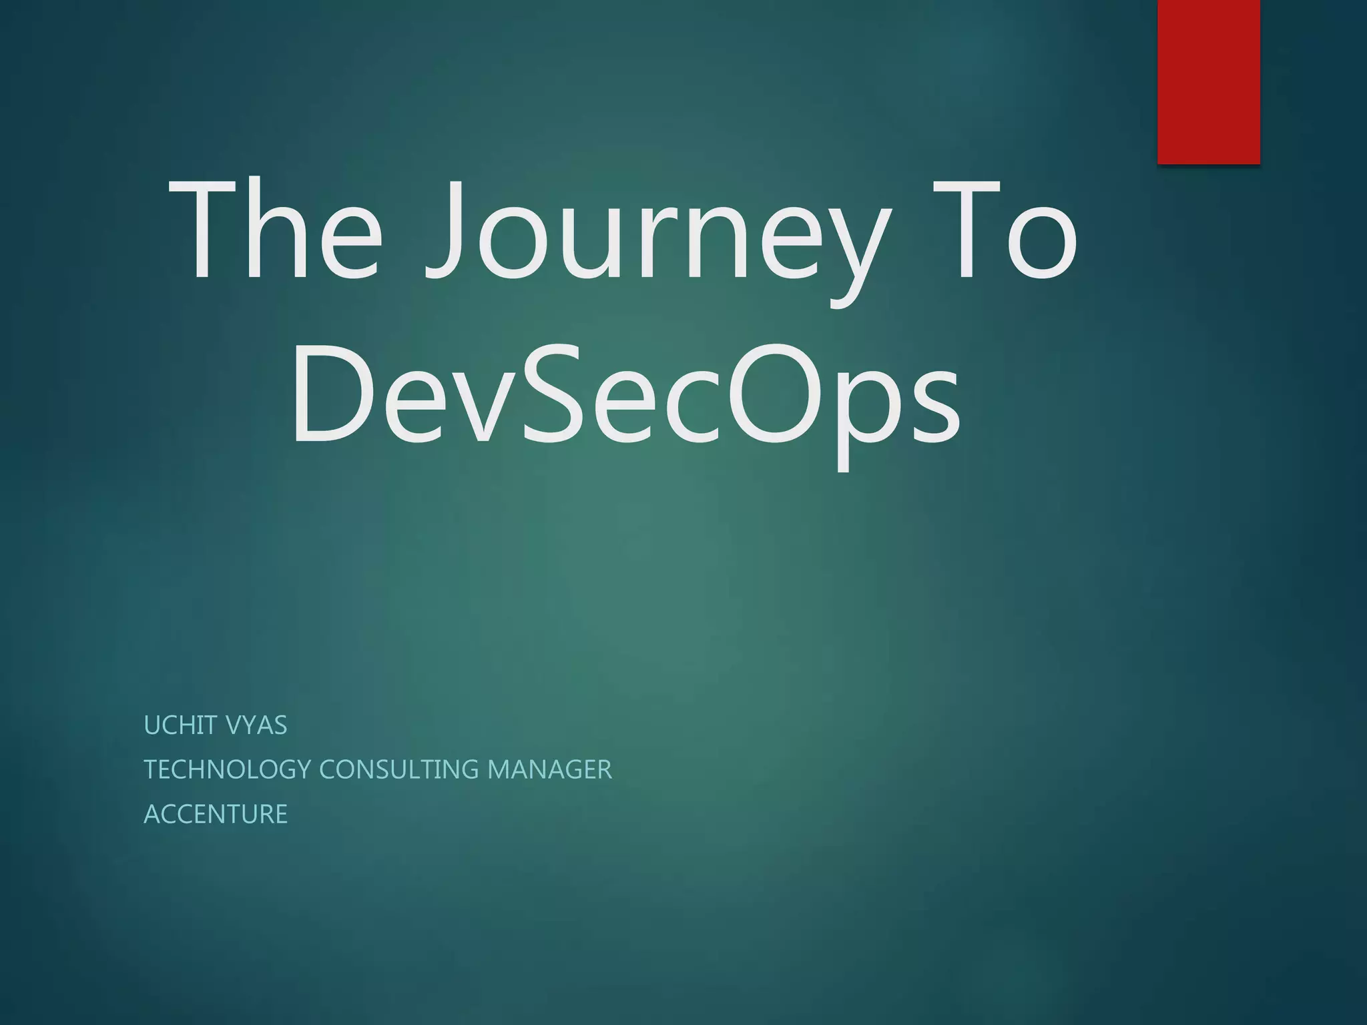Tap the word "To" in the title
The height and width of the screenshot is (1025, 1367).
coord(1005,230)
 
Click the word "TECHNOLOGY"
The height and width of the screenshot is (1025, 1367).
coord(227,769)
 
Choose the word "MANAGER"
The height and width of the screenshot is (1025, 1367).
coord(549,769)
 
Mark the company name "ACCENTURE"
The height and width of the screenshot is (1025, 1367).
coord(216,814)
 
